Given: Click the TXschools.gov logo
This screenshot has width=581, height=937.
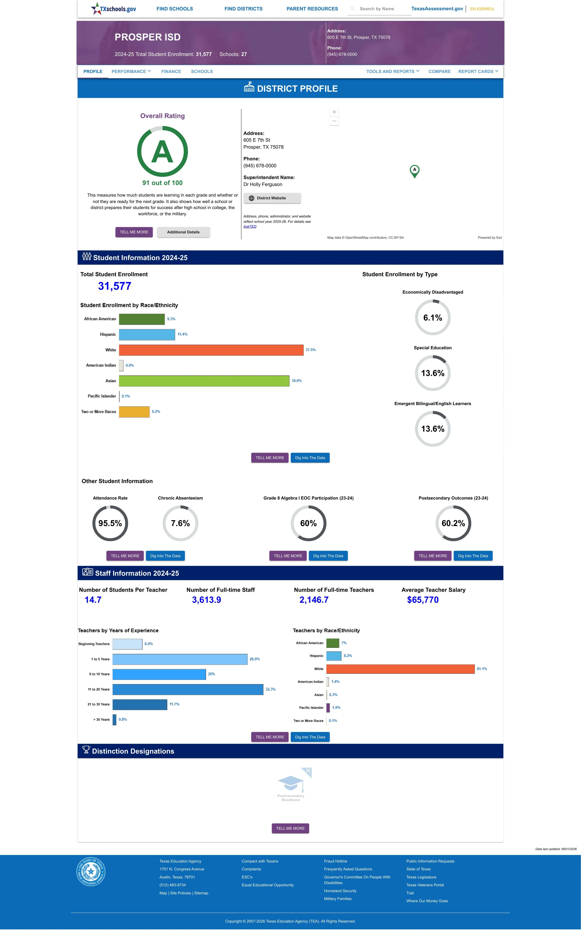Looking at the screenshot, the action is [x=113, y=8].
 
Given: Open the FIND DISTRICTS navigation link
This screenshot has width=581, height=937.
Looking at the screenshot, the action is [x=244, y=9].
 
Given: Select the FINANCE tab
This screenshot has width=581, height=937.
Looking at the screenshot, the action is [x=171, y=72].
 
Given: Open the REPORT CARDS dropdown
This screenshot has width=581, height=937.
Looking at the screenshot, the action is [x=478, y=72].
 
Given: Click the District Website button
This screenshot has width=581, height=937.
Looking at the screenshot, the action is [x=272, y=198].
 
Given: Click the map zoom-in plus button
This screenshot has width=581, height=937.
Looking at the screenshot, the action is [x=334, y=112].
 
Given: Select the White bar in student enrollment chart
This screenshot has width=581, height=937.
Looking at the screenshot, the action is [x=211, y=350].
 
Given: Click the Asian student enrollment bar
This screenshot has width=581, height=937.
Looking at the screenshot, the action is [x=204, y=381].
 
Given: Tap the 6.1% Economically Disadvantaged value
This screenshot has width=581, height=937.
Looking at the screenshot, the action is [x=433, y=318].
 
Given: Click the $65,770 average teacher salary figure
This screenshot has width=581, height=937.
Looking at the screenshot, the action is [x=423, y=600].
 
